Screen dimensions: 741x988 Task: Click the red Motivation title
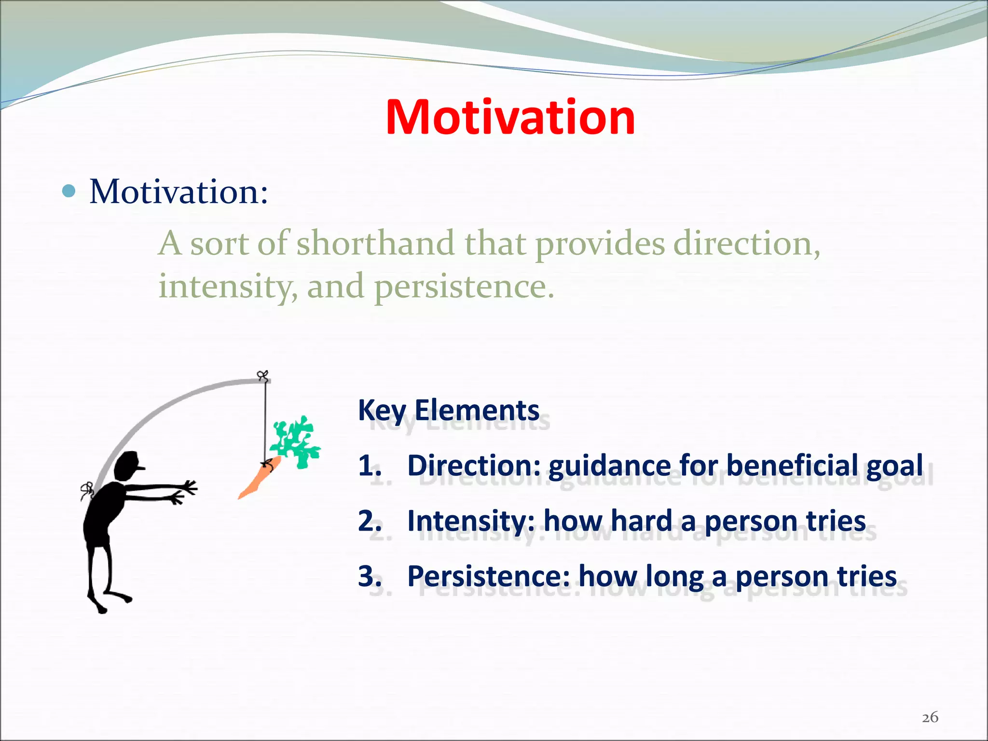coord(510,117)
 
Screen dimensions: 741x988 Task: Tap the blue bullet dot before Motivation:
coord(69,192)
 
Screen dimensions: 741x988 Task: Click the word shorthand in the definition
coord(375,243)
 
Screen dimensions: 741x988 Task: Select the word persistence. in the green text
coord(464,286)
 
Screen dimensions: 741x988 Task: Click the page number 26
coord(930,717)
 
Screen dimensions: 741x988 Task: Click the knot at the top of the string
coord(262,376)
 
